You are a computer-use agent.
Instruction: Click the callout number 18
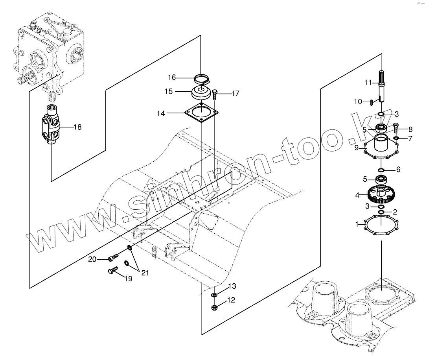(x=77, y=127)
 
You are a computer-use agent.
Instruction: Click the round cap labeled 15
(x=202, y=93)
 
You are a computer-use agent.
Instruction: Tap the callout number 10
(x=358, y=102)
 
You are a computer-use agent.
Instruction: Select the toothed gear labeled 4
(x=381, y=194)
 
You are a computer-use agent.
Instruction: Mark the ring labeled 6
(x=381, y=170)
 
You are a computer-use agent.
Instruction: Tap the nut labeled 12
(x=214, y=307)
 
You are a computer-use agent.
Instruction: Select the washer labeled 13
(x=214, y=295)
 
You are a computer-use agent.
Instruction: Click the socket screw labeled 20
(x=113, y=258)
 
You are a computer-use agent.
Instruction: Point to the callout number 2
(x=395, y=212)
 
